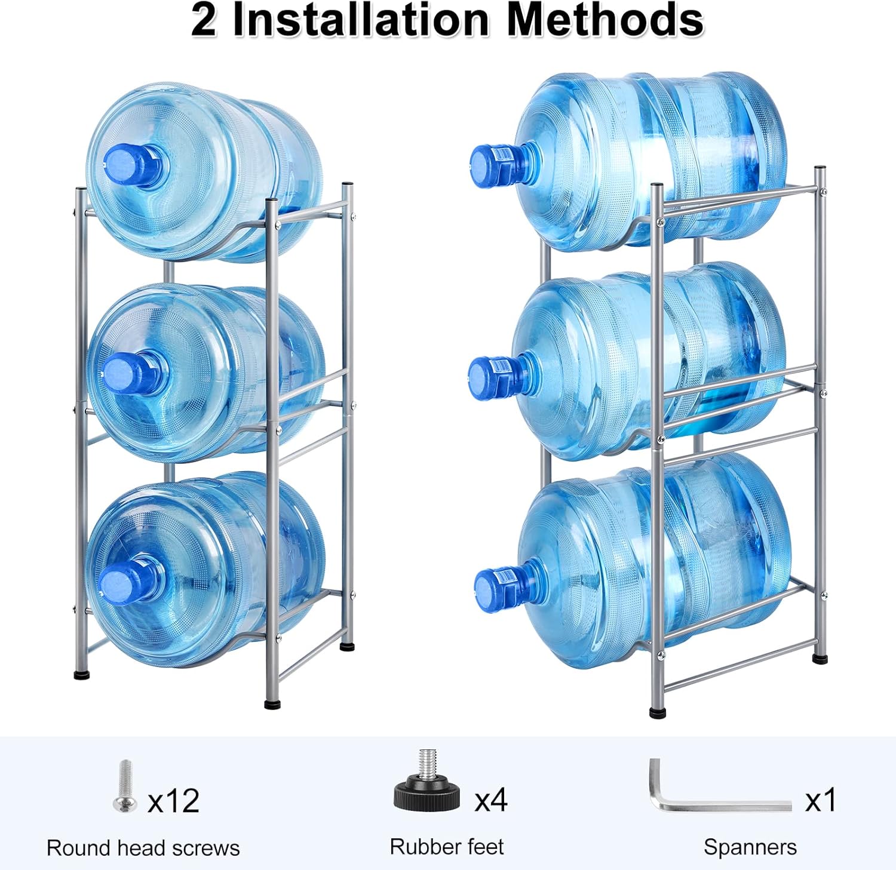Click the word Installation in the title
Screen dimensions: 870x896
tap(360, 20)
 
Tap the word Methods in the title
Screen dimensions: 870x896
tap(605, 20)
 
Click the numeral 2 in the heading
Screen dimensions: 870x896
tap(204, 20)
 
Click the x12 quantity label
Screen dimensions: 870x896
tap(173, 801)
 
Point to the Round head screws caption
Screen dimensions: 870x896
tap(143, 848)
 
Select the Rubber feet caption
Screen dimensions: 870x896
tap(446, 847)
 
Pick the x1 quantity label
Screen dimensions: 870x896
tap(821, 800)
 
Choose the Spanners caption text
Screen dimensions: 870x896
tap(750, 847)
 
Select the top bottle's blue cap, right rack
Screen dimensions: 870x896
tap(490, 165)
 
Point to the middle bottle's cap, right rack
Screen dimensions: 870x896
tap(489, 377)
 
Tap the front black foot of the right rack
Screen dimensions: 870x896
tap(657, 713)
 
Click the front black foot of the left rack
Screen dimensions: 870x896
tap(272, 704)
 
